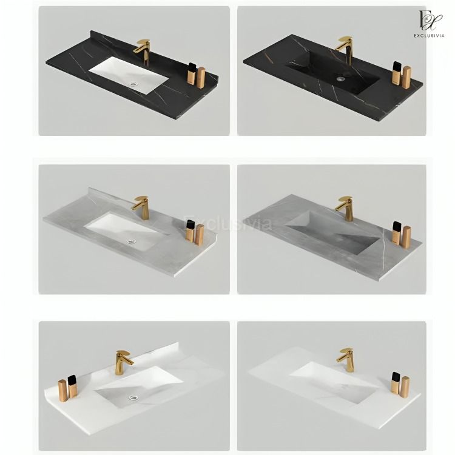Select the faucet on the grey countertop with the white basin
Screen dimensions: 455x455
tap(142, 207)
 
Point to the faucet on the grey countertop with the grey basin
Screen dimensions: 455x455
tap(346, 208)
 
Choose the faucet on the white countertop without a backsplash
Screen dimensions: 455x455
tap(346, 359)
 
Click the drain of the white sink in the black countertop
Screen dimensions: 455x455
tap(133, 84)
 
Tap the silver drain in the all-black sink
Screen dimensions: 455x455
tap(341, 79)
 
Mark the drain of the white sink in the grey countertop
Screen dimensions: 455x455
tap(132, 241)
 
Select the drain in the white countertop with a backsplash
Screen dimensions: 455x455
tap(133, 397)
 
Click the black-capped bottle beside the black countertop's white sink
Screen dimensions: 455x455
tap(192, 73)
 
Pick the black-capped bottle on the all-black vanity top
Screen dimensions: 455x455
tap(396, 73)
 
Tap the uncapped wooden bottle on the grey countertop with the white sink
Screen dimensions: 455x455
tap(200, 234)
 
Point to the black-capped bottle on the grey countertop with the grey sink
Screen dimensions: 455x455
tap(397, 233)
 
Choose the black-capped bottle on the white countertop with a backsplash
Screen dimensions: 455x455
tap(73, 386)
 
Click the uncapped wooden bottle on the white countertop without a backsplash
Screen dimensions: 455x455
tap(405, 387)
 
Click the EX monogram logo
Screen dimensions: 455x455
tap(430, 20)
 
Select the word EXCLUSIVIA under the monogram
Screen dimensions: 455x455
tap(429, 36)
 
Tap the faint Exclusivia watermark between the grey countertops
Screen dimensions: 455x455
tap(227, 223)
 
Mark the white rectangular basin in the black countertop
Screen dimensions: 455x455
tap(129, 75)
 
